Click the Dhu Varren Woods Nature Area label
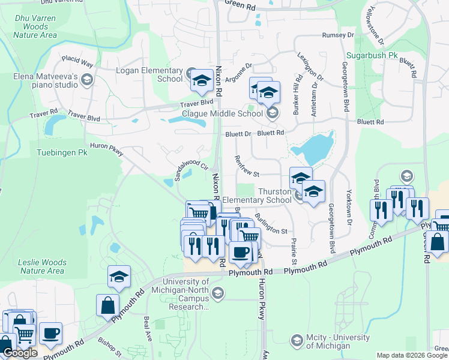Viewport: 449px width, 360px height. coord(35,27)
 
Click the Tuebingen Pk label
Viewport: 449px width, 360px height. coord(62,153)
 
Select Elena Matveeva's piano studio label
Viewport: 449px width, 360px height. coord(46,80)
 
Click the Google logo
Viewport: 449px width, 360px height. coord(20,353)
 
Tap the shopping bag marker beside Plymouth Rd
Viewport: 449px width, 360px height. coord(107,305)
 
